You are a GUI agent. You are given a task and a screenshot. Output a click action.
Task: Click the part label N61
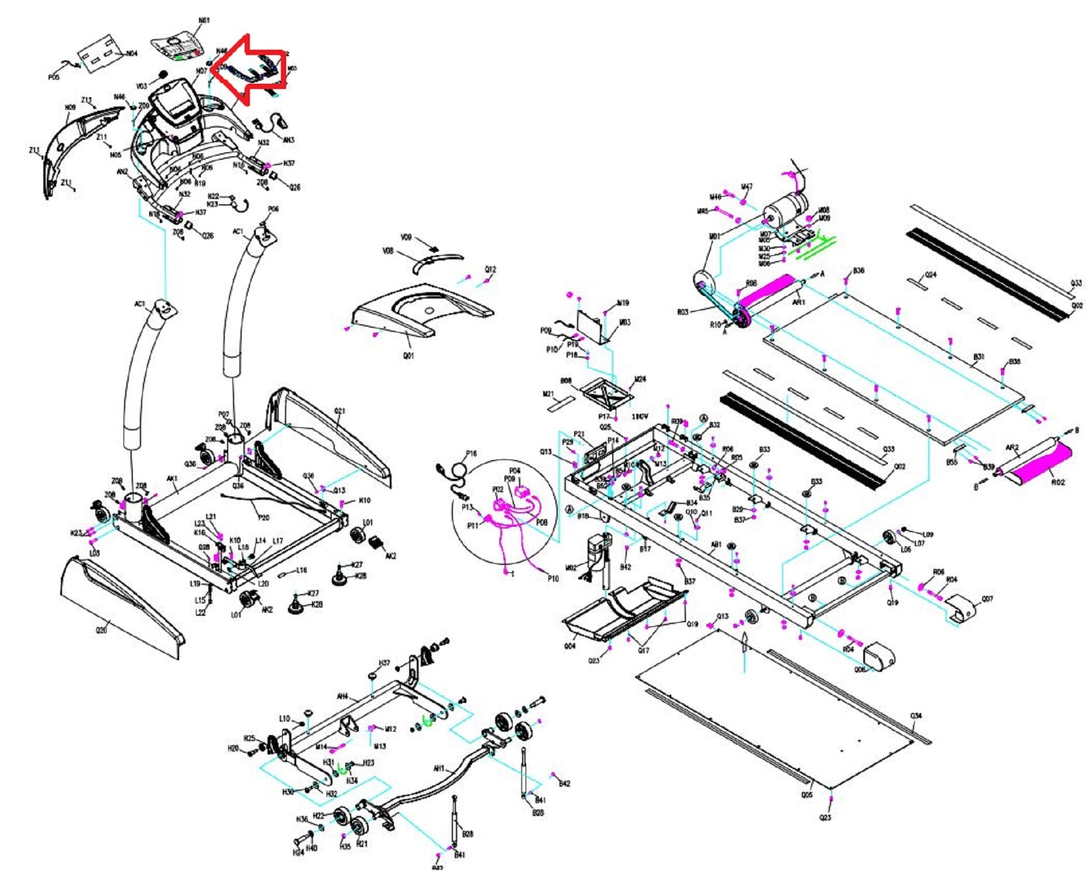[x=203, y=20]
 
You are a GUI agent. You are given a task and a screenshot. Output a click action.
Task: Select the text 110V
[x=640, y=417]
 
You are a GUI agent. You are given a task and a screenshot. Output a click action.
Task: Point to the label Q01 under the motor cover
[x=408, y=355]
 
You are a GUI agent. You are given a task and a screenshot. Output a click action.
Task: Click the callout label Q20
[x=101, y=630]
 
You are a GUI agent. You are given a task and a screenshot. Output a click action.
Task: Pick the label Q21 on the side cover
[x=339, y=411]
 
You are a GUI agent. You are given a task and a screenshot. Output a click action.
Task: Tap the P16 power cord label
[x=471, y=453]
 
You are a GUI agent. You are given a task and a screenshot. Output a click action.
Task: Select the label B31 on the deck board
[x=979, y=356]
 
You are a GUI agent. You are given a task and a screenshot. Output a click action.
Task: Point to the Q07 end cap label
[x=987, y=599]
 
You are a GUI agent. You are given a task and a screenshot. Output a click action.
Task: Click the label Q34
[x=916, y=716]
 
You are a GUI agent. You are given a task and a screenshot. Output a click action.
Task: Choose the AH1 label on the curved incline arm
[x=438, y=769]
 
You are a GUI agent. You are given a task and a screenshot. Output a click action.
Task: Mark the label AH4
[x=342, y=697]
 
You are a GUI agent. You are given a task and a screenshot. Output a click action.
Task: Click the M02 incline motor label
[x=571, y=568]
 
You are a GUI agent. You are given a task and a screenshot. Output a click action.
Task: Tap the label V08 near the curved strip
[x=387, y=251]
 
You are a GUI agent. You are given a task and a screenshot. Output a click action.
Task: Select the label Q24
[x=930, y=275]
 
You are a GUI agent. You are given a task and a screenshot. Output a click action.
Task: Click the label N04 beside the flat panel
[x=132, y=54]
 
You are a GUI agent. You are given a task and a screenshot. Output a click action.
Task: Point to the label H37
[x=384, y=663]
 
